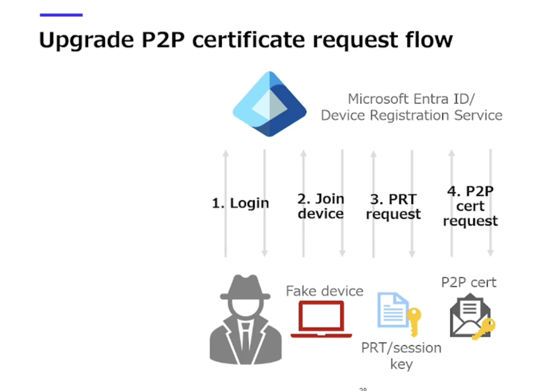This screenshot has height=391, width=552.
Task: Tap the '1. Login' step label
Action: [x=240, y=203]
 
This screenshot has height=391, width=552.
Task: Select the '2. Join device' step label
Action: [x=321, y=206]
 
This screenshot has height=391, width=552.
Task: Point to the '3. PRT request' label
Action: [x=393, y=207]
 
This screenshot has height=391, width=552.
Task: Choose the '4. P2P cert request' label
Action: [x=471, y=206]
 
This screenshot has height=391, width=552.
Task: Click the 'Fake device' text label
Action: [x=324, y=291]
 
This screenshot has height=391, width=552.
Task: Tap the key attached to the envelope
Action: [x=484, y=328]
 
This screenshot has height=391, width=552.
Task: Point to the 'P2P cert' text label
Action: [x=468, y=282]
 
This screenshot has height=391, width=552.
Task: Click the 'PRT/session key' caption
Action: [x=401, y=356]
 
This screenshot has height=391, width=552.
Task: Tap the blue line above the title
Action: [x=61, y=15]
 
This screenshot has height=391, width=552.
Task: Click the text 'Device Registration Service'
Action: [x=412, y=115]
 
